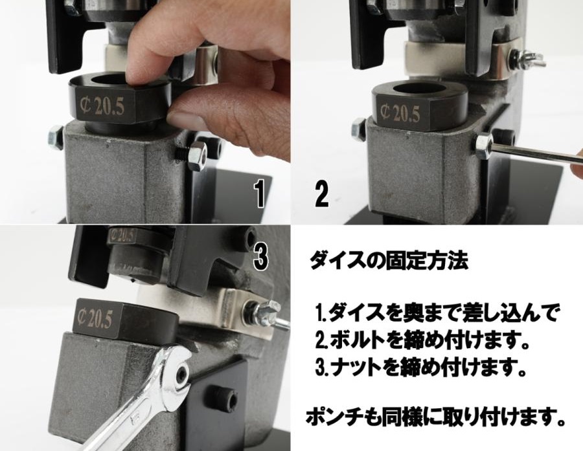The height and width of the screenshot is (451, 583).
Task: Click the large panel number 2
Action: tap(321, 193)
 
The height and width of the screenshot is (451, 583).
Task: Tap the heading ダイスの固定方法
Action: tap(389, 261)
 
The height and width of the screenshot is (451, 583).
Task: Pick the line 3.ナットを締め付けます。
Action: tap(421, 367)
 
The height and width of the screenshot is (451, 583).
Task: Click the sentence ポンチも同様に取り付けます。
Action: tap(435, 417)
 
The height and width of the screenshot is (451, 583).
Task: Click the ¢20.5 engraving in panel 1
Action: tap(102, 107)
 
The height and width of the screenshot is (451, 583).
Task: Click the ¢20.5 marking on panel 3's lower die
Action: tap(94, 318)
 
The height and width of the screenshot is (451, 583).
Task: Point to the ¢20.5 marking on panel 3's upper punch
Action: tap(122, 236)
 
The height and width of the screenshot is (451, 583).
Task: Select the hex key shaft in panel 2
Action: tap(536, 153)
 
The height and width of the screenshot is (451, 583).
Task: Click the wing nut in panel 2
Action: tap(531, 59)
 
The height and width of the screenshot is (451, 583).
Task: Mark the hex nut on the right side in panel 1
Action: tap(197, 155)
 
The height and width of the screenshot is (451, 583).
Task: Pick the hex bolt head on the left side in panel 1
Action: tap(55, 137)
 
